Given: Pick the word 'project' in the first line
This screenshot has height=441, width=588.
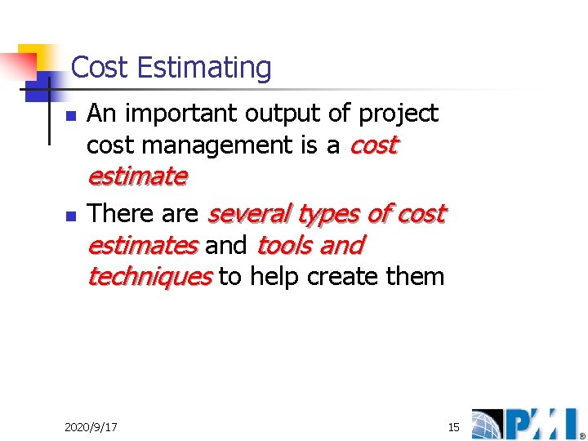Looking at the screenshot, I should pos(402,114).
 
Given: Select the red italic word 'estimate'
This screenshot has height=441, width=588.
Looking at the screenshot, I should pos(137,176).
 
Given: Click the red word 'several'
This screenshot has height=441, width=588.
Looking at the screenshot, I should pos(249,214).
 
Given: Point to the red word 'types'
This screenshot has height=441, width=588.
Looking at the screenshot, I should pos(330,214).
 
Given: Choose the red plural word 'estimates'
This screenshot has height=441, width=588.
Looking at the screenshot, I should pos(142,245).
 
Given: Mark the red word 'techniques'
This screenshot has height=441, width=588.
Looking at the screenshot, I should pos(149,277).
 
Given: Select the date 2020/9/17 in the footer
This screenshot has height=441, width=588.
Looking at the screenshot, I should pos(91,427).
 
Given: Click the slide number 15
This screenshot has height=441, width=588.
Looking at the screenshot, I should pos(454,427).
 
